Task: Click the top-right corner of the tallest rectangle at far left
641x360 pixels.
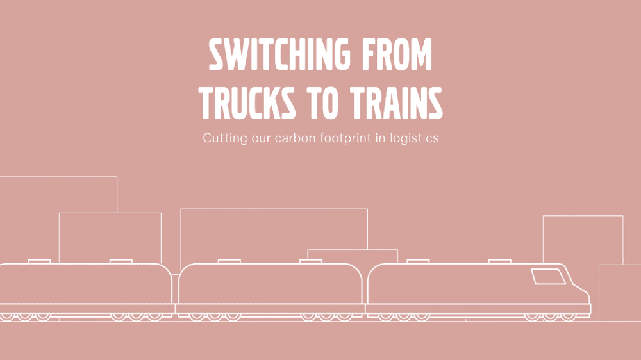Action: coord(117,176)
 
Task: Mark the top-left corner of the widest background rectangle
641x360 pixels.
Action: coord(181,209)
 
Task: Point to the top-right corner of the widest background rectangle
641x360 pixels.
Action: coord(367,209)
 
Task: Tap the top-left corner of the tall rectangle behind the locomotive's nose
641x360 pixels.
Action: coord(544,216)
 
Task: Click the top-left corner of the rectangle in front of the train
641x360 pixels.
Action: coord(599,265)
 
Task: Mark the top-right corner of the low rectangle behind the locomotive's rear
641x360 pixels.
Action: coord(397,250)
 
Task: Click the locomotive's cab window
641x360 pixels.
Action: coord(548,277)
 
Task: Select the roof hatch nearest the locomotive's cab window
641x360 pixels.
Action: coord(499,261)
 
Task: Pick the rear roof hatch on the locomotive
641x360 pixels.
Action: coord(418,261)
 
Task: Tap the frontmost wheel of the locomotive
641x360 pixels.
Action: coord(569,316)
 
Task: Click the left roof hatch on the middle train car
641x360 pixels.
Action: coord(229,261)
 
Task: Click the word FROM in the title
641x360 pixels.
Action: coord(397,54)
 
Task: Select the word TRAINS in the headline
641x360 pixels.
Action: coord(396,103)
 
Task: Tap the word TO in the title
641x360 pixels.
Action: coord(322,103)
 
